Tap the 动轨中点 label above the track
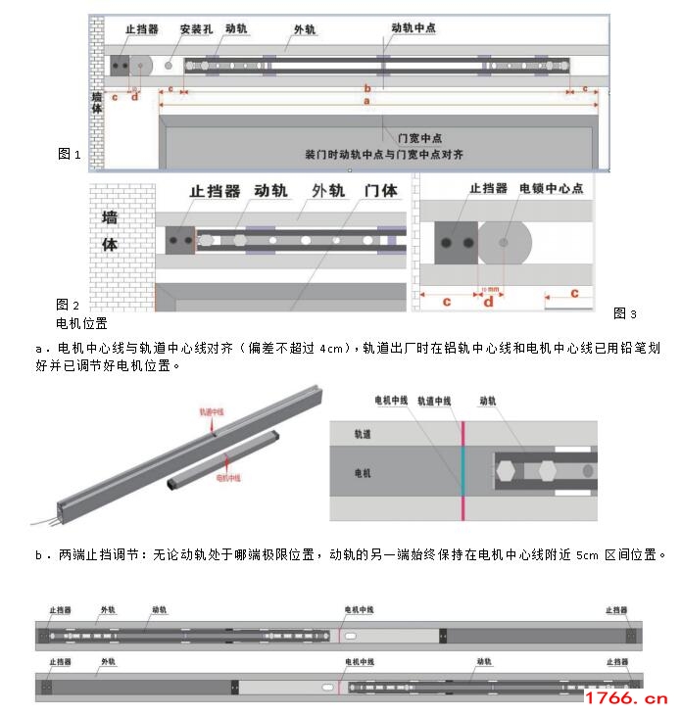click(413, 29)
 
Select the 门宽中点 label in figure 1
click(412, 137)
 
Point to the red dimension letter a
click(366, 100)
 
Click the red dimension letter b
click(366, 87)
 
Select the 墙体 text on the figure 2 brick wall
click(110, 230)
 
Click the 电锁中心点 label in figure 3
click(551, 188)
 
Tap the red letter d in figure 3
click(488, 301)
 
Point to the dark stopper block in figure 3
click(456, 241)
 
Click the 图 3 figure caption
click(624, 313)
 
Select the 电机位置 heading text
click(81, 322)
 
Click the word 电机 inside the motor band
click(363, 472)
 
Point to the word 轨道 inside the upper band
click(363, 433)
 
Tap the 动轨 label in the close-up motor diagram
click(487, 401)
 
